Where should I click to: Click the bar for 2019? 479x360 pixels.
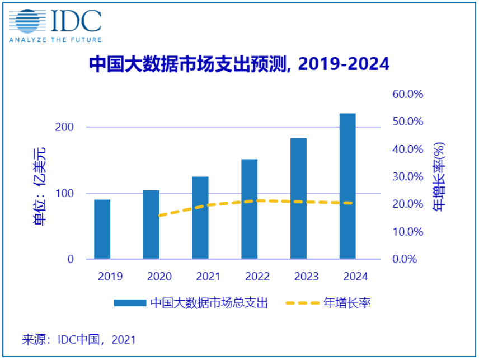[x=102, y=229]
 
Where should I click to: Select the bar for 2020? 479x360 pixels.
[x=151, y=225]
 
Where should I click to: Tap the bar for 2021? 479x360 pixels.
[x=200, y=218]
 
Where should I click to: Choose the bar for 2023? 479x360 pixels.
[x=299, y=198]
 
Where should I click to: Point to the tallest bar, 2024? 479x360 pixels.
[x=347, y=186]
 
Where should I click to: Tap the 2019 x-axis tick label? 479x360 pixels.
[x=110, y=277]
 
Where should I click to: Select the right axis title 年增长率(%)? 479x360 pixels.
[x=439, y=177]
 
